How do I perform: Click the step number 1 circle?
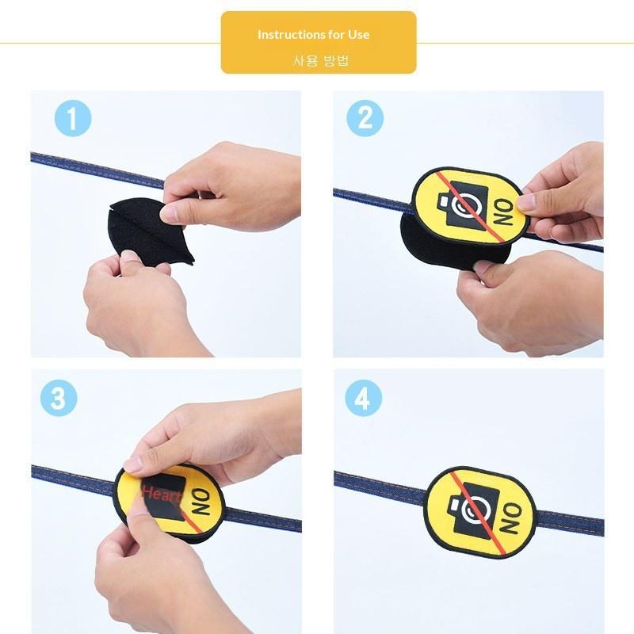(x=73, y=118)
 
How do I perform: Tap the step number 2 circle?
(x=365, y=118)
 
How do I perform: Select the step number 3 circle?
(x=59, y=398)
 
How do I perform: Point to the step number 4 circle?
(x=364, y=398)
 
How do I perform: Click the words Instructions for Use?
(x=313, y=34)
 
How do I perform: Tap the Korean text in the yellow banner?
(x=320, y=61)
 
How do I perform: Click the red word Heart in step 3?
(x=161, y=494)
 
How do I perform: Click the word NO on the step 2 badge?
(x=504, y=213)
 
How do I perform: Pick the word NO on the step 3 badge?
(x=201, y=502)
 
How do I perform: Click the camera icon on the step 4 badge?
(x=473, y=507)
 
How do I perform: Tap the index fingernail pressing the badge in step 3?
(x=132, y=464)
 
